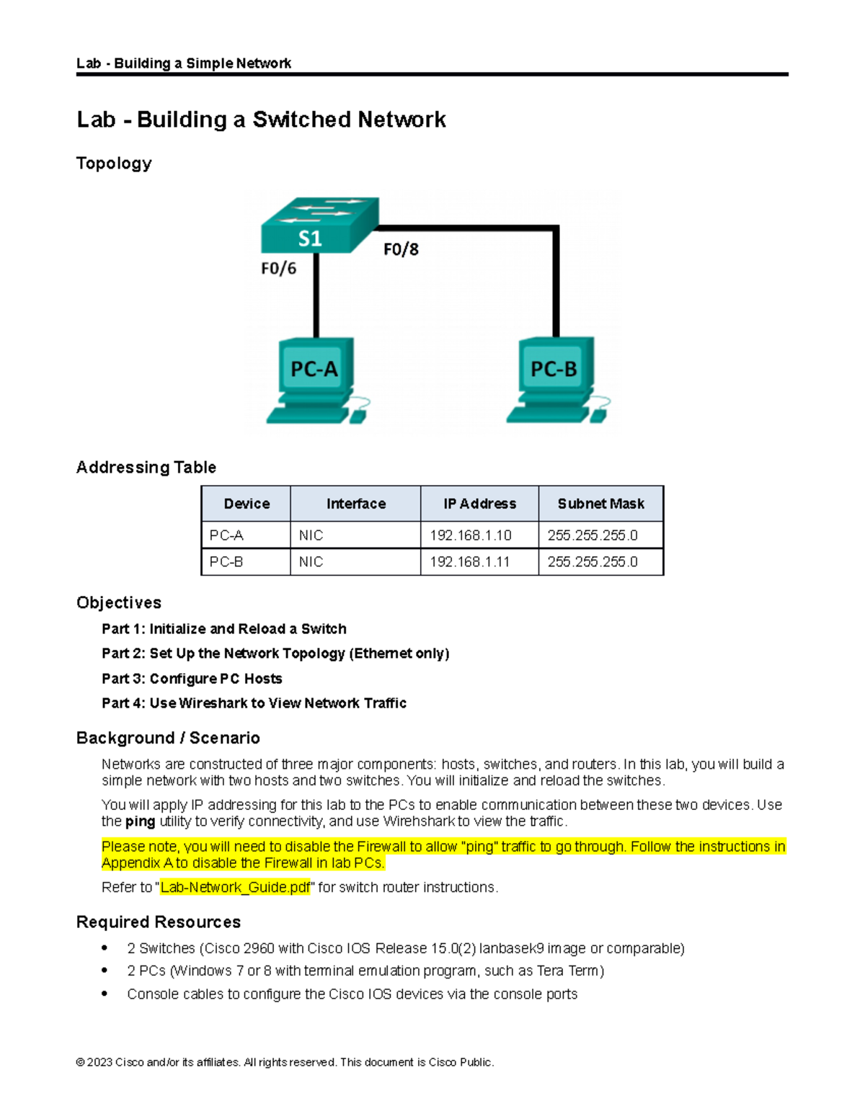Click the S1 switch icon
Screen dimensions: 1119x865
click(319, 225)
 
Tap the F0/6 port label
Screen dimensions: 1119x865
click(278, 269)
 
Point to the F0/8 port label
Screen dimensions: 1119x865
click(401, 249)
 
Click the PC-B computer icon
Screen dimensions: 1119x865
click(556, 380)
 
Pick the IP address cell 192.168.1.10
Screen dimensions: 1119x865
click(471, 535)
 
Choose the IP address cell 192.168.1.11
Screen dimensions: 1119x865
click(470, 562)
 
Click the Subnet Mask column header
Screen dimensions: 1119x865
click(600, 504)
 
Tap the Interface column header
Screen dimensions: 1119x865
click(355, 504)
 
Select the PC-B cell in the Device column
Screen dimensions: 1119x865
click(226, 562)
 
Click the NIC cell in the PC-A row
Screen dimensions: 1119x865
click(311, 535)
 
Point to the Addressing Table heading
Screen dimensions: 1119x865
click(146, 467)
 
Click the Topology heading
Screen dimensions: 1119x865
click(114, 164)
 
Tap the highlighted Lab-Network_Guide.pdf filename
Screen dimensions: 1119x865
click(235, 887)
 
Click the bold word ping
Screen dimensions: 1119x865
click(140, 821)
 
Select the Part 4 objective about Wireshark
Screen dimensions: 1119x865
click(254, 703)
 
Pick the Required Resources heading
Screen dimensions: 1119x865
click(159, 922)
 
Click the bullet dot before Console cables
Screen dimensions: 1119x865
click(105, 994)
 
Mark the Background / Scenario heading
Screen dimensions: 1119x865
click(168, 738)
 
